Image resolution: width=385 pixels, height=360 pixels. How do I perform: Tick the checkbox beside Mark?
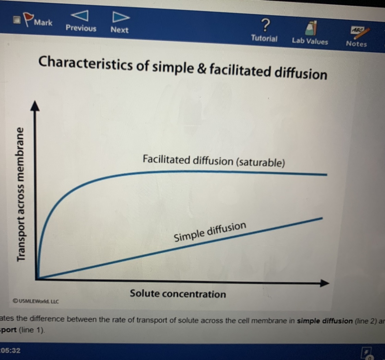pos(17,20)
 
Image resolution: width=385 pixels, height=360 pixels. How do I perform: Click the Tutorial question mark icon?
pos(265,25)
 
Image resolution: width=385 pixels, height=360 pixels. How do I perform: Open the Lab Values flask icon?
pos(311,28)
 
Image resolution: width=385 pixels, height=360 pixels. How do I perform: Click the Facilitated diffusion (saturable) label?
pos(214,161)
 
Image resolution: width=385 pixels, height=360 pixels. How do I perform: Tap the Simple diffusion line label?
pos(210,232)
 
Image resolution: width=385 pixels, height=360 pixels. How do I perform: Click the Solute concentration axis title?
pos(178,294)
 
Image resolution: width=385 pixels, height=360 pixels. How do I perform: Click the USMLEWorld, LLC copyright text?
pos(36,301)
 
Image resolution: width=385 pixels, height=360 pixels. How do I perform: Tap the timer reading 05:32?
pos(11,350)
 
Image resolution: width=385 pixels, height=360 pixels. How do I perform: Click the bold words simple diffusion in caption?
pos(325,321)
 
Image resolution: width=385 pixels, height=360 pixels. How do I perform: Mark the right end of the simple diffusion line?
pos(322,218)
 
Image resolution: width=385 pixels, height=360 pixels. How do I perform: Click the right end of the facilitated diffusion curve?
pos(327,174)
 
